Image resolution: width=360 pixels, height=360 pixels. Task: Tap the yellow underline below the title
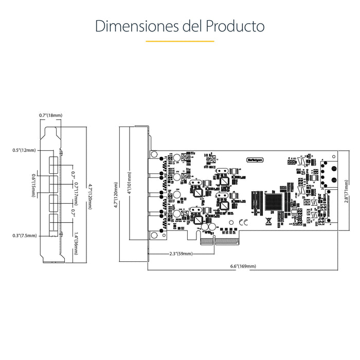tap(179, 41)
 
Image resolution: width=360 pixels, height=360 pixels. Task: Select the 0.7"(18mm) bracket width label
tap(50, 115)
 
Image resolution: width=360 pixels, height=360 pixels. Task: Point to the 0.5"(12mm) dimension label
tap(24, 151)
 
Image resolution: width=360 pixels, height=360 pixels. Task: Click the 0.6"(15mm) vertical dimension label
tap(33, 184)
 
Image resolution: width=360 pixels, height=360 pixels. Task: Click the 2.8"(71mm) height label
tap(346, 191)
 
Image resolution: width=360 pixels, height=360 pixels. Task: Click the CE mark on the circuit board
tap(244, 222)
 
